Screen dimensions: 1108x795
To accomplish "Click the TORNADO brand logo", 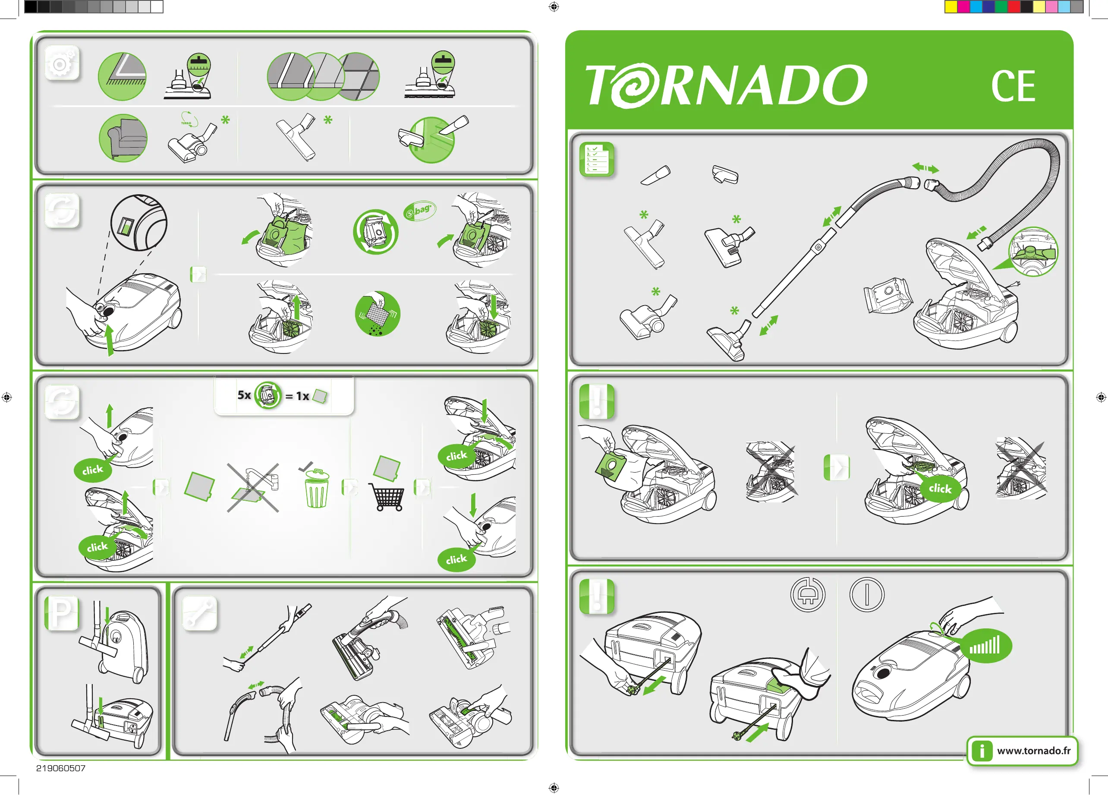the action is point(726,85).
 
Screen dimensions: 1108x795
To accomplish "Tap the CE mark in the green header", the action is point(1013,86).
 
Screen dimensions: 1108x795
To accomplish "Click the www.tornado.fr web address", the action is point(1034,751).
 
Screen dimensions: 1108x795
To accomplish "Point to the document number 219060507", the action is point(60,768).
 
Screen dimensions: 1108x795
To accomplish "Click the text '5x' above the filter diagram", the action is point(244,395).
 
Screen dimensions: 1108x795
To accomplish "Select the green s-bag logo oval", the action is point(419,211).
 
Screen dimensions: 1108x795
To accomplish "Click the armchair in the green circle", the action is point(123,138).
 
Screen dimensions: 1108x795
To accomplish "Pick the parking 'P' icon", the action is point(62,613).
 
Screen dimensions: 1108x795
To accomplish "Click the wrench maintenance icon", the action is point(199,613).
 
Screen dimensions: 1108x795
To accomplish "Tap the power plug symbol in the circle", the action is point(808,595).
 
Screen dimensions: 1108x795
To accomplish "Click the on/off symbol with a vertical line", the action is point(867,595).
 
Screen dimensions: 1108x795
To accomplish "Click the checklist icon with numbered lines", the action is point(597,159).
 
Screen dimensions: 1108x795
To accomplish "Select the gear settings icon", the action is point(62,63).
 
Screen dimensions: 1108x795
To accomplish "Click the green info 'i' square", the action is point(982,751).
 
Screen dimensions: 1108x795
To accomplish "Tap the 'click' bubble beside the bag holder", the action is point(940,488).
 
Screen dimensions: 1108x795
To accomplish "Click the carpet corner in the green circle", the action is point(122,77).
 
